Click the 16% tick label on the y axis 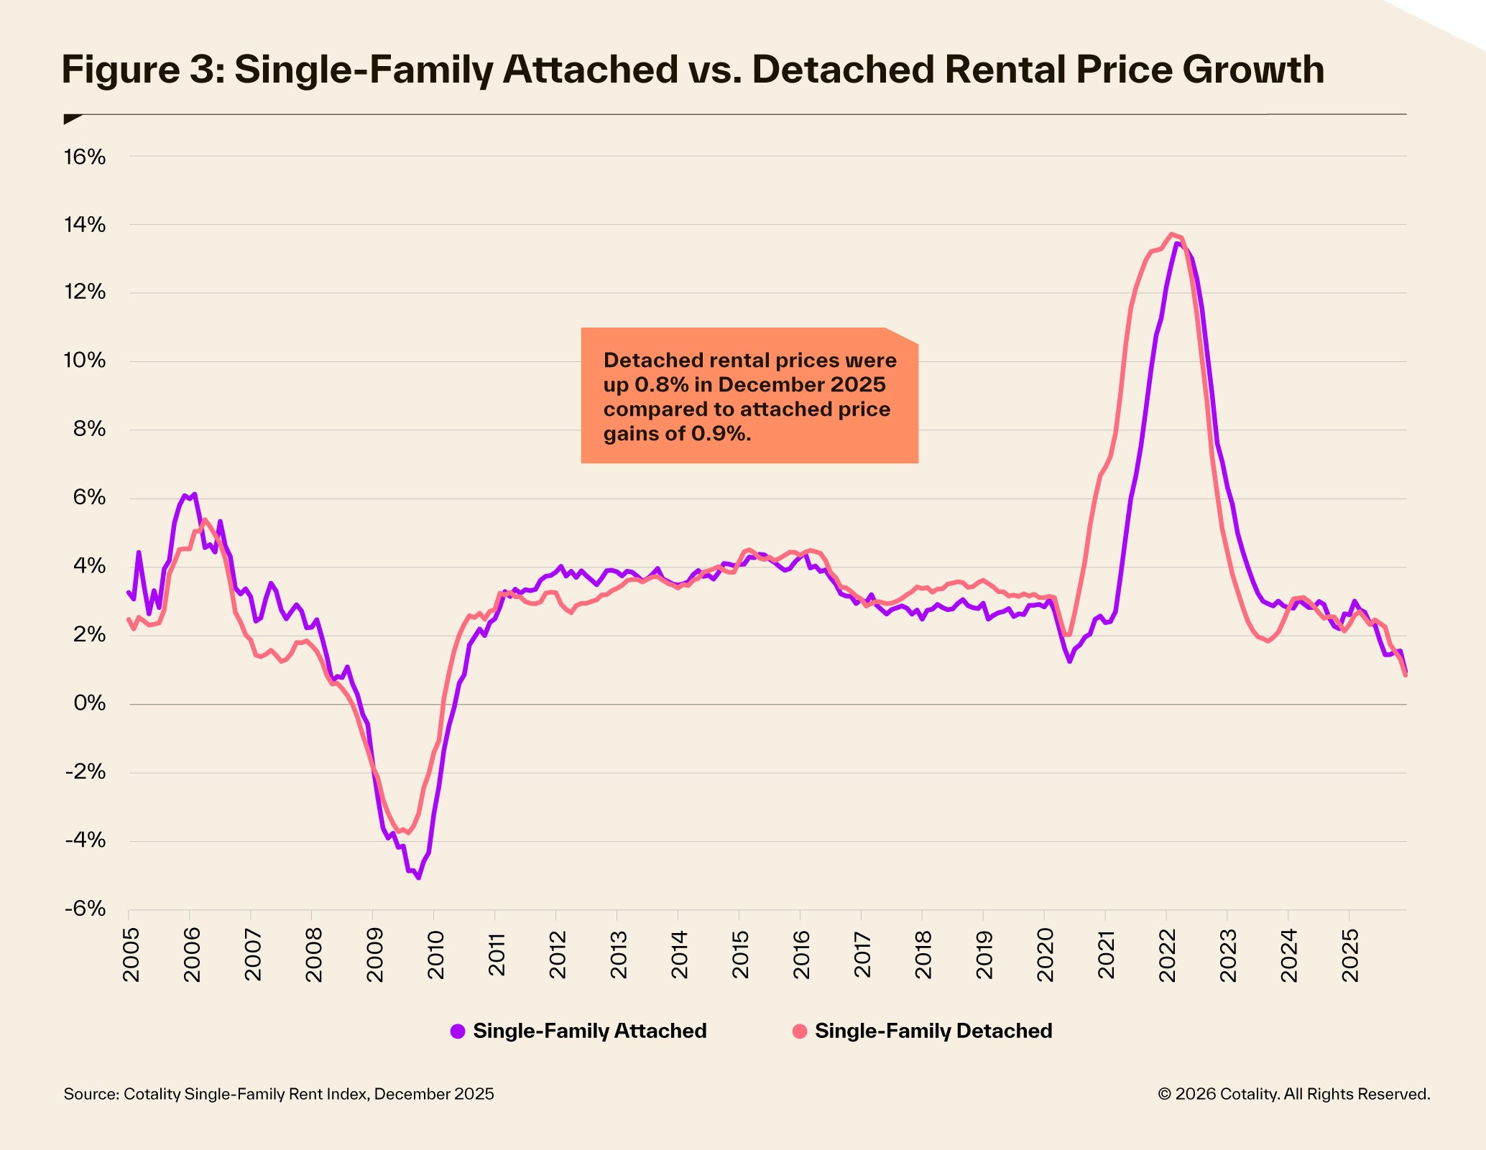click(x=85, y=157)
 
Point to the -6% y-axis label click(x=85, y=909)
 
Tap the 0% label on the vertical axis click(x=89, y=703)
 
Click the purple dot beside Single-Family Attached click(x=458, y=1031)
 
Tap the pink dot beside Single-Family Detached click(x=800, y=1031)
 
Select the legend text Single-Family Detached click(x=933, y=1031)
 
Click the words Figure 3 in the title click(x=141, y=70)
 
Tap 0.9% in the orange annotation click(x=719, y=434)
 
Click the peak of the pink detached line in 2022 click(x=1172, y=233)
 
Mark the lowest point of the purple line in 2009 click(x=418, y=878)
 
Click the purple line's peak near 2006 click(x=185, y=495)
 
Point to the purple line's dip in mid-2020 click(x=1069, y=661)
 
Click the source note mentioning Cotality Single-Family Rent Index click(x=279, y=1094)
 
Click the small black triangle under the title click(x=71, y=119)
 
